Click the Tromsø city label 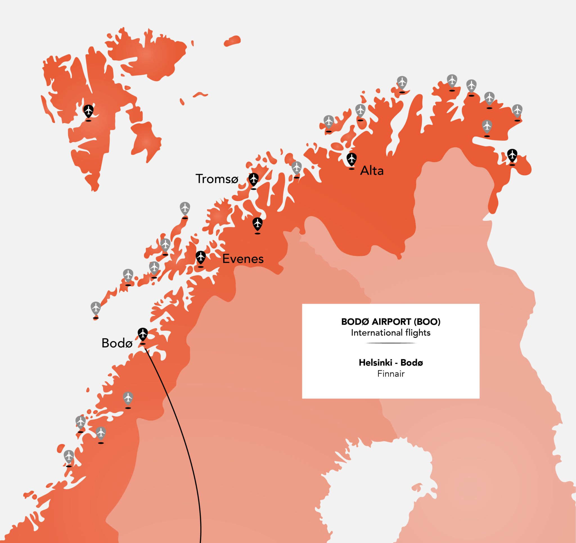click(x=217, y=179)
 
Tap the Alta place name click(x=372, y=171)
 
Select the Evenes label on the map click(x=243, y=259)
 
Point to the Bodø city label click(x=117, y=343)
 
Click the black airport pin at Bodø click(x=143, y=334)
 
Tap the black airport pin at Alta click(x=352, y=159)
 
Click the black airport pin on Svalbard click(x=88, y=110)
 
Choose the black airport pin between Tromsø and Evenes click(x=257, y=224)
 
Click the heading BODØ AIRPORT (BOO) click(x=391, y=322)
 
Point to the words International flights click(x=391, y=333)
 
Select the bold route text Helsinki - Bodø click(x=391, y=362)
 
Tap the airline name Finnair click(x=391, y=374)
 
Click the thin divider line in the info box click(x=391, y=343)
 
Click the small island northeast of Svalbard click(x=232, y=41)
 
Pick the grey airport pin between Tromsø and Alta click(x=296, y=167)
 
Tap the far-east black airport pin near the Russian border click(x=512, y=155)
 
